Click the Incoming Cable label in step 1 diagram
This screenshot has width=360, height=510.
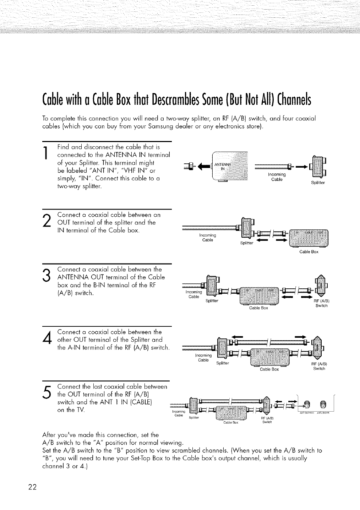point(277,177)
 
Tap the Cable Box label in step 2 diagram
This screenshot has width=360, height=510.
point(309,252)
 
